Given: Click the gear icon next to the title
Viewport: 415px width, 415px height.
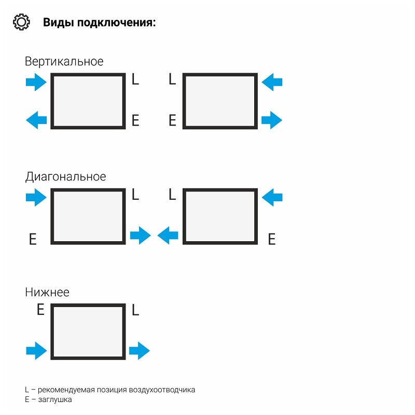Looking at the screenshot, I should [x=21, y=23].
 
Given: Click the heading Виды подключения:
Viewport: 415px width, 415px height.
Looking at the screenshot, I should [x=99, y=23].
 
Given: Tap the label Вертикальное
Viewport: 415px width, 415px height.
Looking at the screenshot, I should [x=64, y=61].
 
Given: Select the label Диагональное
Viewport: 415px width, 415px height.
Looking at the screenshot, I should [x=65, y=176].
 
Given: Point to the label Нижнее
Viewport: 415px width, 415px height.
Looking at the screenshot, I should [x=47, y=292].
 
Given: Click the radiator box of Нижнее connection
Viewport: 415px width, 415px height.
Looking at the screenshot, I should [x=88, y=332].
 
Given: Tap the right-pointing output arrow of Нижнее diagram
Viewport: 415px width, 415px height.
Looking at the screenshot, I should [x=139, y=351].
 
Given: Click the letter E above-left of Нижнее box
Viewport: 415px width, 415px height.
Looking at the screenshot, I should [x=40, y=310].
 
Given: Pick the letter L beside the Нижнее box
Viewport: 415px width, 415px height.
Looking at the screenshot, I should [x=135, y=310].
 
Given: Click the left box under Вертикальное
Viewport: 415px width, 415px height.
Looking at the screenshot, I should [x=88, y=101].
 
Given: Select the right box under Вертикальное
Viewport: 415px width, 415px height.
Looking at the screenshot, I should [x=220, y=101].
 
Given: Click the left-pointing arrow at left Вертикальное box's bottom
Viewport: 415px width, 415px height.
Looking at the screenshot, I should [x=36, y=121].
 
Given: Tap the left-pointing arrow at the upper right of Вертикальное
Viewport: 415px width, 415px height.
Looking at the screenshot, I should [x=272, y=82].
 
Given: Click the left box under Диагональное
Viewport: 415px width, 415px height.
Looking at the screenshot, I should [x=88, y=217].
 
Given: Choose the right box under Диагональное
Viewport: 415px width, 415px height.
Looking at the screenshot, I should [x=220, y=217].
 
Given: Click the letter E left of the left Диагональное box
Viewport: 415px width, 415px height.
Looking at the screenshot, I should [x=33, y=239].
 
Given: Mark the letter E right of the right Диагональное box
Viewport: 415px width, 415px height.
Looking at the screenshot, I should [x=271, y=239].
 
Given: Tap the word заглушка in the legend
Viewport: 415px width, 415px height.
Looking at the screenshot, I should [x=56, y=400].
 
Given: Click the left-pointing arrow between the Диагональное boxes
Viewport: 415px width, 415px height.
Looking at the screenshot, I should [x=168, y=236].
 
